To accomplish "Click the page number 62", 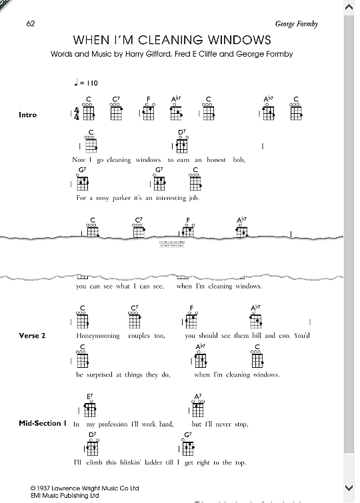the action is click(31, 24).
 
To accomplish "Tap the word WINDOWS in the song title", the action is click(243, 39).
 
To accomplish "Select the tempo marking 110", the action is click(91, 83).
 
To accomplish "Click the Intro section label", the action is click(28, 115).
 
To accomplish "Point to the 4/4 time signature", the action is click(77, 114).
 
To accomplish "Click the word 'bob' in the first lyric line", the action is click(239, 160).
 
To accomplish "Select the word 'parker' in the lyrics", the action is click(127, 198).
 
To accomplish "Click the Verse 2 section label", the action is click(33, 336).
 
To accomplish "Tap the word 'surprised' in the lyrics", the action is click(105, 375).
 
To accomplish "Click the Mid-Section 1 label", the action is click(43, 424).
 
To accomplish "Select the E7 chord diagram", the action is click(89, 408).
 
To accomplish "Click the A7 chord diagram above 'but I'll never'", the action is click(197, 408).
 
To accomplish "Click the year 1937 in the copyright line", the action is click(48, 488).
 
